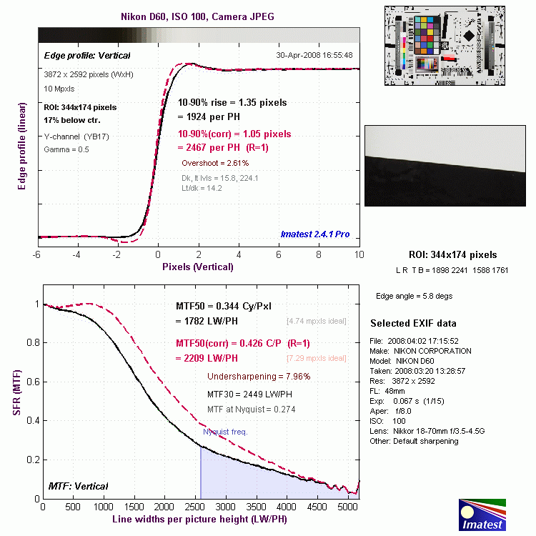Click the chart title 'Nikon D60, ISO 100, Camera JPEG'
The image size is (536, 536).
[x=197, y=16]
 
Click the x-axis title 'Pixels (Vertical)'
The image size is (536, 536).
[x=197, y=267]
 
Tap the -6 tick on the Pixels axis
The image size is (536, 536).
[x=37, y=254]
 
